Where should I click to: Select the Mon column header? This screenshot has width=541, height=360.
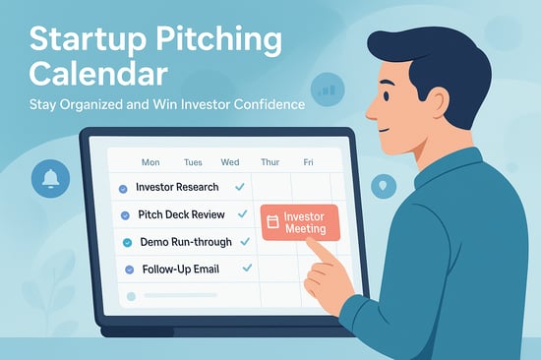[150, 162]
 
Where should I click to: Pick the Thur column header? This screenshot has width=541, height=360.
[270, 162]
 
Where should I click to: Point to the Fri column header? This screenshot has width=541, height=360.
[309, 162]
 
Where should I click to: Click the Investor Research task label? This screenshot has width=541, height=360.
[177, 187]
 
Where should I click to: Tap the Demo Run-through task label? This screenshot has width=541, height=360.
[184, 242]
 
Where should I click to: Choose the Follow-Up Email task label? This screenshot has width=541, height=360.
[178, 269]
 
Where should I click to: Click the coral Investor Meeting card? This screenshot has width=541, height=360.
[298, 221]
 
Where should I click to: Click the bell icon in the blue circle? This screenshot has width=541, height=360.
[50, 178]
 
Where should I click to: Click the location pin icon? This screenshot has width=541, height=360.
[382, 184]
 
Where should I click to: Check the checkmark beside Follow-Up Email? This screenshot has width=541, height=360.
[247, 268]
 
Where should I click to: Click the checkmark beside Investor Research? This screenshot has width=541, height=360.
[239, 186]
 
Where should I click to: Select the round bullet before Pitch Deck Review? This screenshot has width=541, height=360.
[125, 215]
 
